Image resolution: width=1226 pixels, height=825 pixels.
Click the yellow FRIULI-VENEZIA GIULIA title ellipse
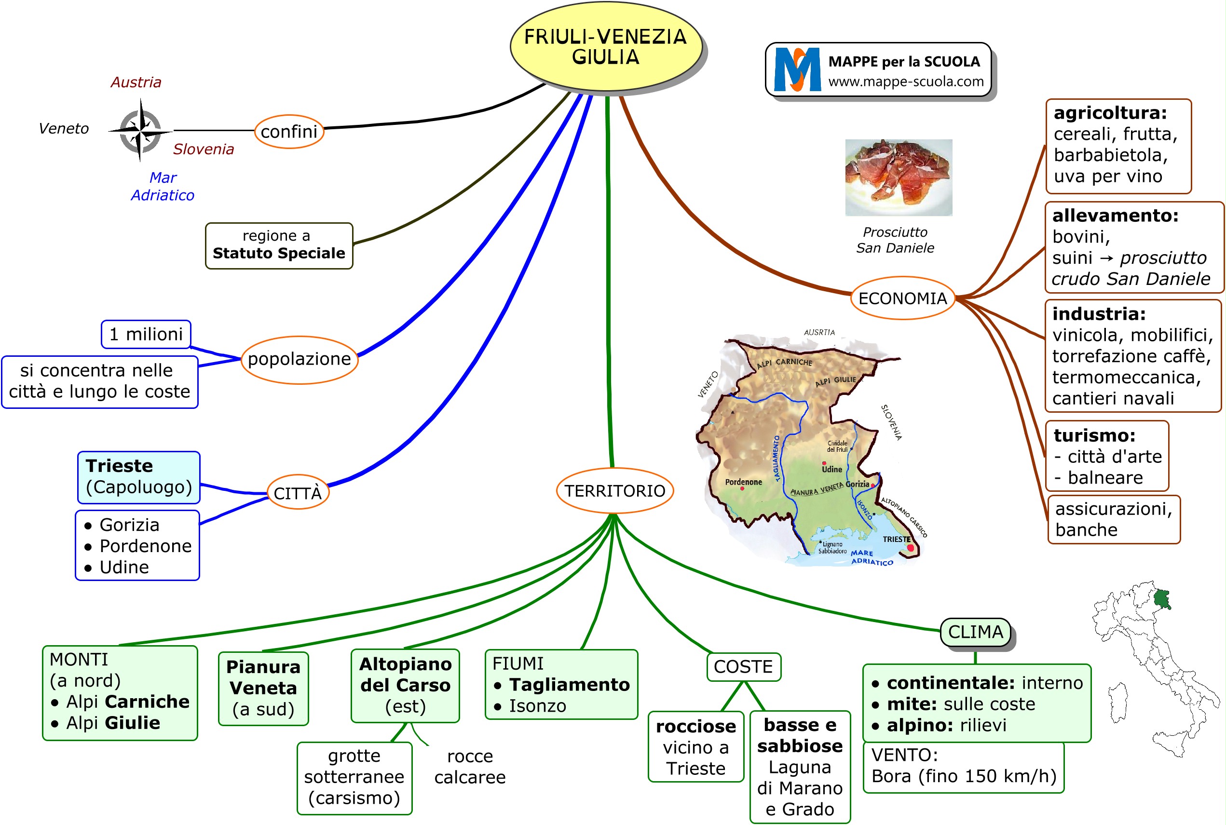pyautogui.click(x=606, y=46)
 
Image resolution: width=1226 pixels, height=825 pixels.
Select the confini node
pyautogui.click(x=289, y=132)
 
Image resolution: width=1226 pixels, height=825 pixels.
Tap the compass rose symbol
pyautogui.click(x=140, y=130)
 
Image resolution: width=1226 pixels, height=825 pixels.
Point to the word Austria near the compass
pyautogui.click(x=136, y=82)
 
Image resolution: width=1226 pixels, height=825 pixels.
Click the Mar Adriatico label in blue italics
pyautogui.click(x=163, y=186)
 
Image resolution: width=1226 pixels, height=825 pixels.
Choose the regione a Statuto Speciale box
pyautogui.click(x=279, y=245)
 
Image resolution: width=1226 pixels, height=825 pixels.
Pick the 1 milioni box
pyautogui.click(x=146, y=334)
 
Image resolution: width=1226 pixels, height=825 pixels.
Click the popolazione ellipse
pyautogui.click(x=299, y=359)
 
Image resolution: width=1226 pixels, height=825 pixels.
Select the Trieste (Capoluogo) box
pyautogui.click(x=139, y=477)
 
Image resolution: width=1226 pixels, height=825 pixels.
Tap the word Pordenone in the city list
pyautogui.click(x=145, y=546)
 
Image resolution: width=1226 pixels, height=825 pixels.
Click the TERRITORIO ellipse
pyautogui.click(x=614, y=491)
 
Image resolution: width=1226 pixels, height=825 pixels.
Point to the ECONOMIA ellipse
pyautogui.click(x=902, y=298)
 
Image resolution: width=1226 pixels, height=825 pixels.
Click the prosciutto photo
pyautogui.click(x=898, y=177)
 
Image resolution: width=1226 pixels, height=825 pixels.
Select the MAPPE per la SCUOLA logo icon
pyautogui.click(x=797, y=69)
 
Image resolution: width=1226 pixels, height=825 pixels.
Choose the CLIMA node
pyautogui.click(x=975, y=632)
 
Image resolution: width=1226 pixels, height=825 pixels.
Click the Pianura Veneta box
pyautogui.click(x=263, y=688)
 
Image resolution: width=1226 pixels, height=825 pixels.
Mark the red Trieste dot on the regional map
pyautogui.click(x=910, y=548)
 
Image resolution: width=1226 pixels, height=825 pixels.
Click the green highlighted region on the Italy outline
pyautogui.click(x=1161, y=599)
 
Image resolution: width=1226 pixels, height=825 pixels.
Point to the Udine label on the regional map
pyautogui.click(x=832, y=469)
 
